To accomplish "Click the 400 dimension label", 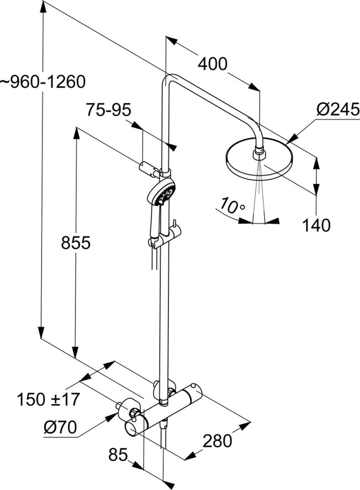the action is pyautogui.click(x=213, y=64).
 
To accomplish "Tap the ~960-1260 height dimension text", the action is pyautogui.click(x=43, y=82).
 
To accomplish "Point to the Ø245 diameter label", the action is pyautogui.click(x=338, y=110).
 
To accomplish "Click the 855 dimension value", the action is pyautogui.click(x=75, y=243).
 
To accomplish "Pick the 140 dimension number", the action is pyautogui.click(x=316, y=225).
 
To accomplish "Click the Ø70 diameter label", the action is pyautogui.click(x=60, y=427).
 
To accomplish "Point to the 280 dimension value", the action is pyautogui.click(x=217, y=441).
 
